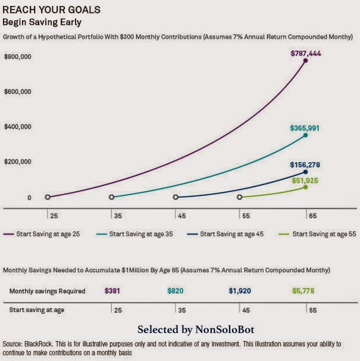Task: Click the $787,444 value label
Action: tap(306, 53)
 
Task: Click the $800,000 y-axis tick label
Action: tap(17, 57)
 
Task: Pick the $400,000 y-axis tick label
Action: tap(17, 127)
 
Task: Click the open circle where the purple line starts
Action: tap(48, 197)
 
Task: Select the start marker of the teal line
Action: tap(112, 197)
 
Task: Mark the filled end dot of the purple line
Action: tap(306, 61)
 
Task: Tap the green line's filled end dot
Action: tap(306, 187)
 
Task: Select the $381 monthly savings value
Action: tap(111, 291)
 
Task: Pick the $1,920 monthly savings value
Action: tap(240, 291)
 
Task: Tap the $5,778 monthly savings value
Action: tap(303, 291)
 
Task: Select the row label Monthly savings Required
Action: tap(48, 291)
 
